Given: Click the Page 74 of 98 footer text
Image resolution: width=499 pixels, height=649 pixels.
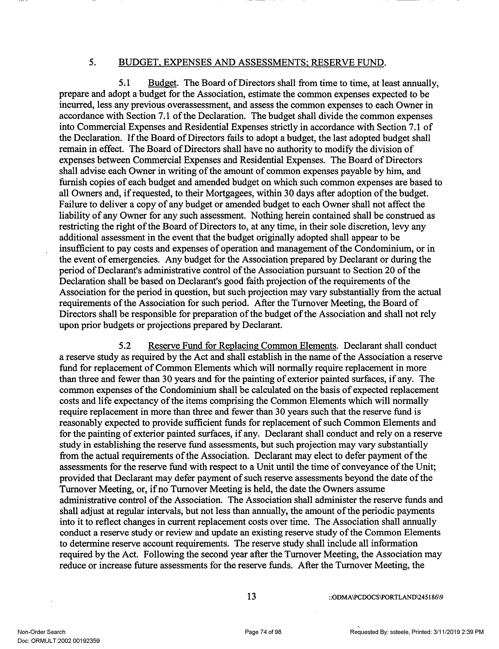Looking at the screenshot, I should click(263, 632).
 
